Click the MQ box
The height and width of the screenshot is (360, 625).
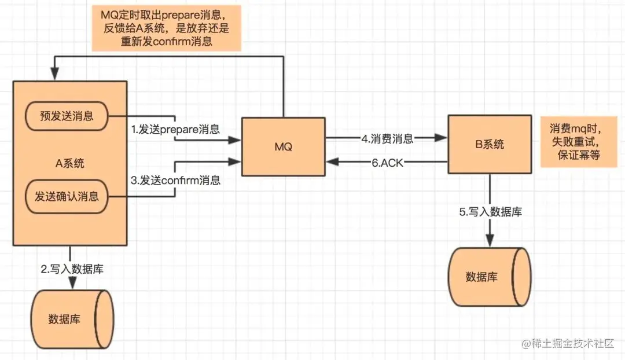(x=283, y=146)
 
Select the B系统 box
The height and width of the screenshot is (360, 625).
(x=490, y=144)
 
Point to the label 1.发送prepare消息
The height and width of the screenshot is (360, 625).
(x=175, y=129)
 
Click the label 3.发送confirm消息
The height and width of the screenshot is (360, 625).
(x=175, y=180)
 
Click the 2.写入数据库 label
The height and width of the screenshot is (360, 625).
(x=72, y=269)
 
